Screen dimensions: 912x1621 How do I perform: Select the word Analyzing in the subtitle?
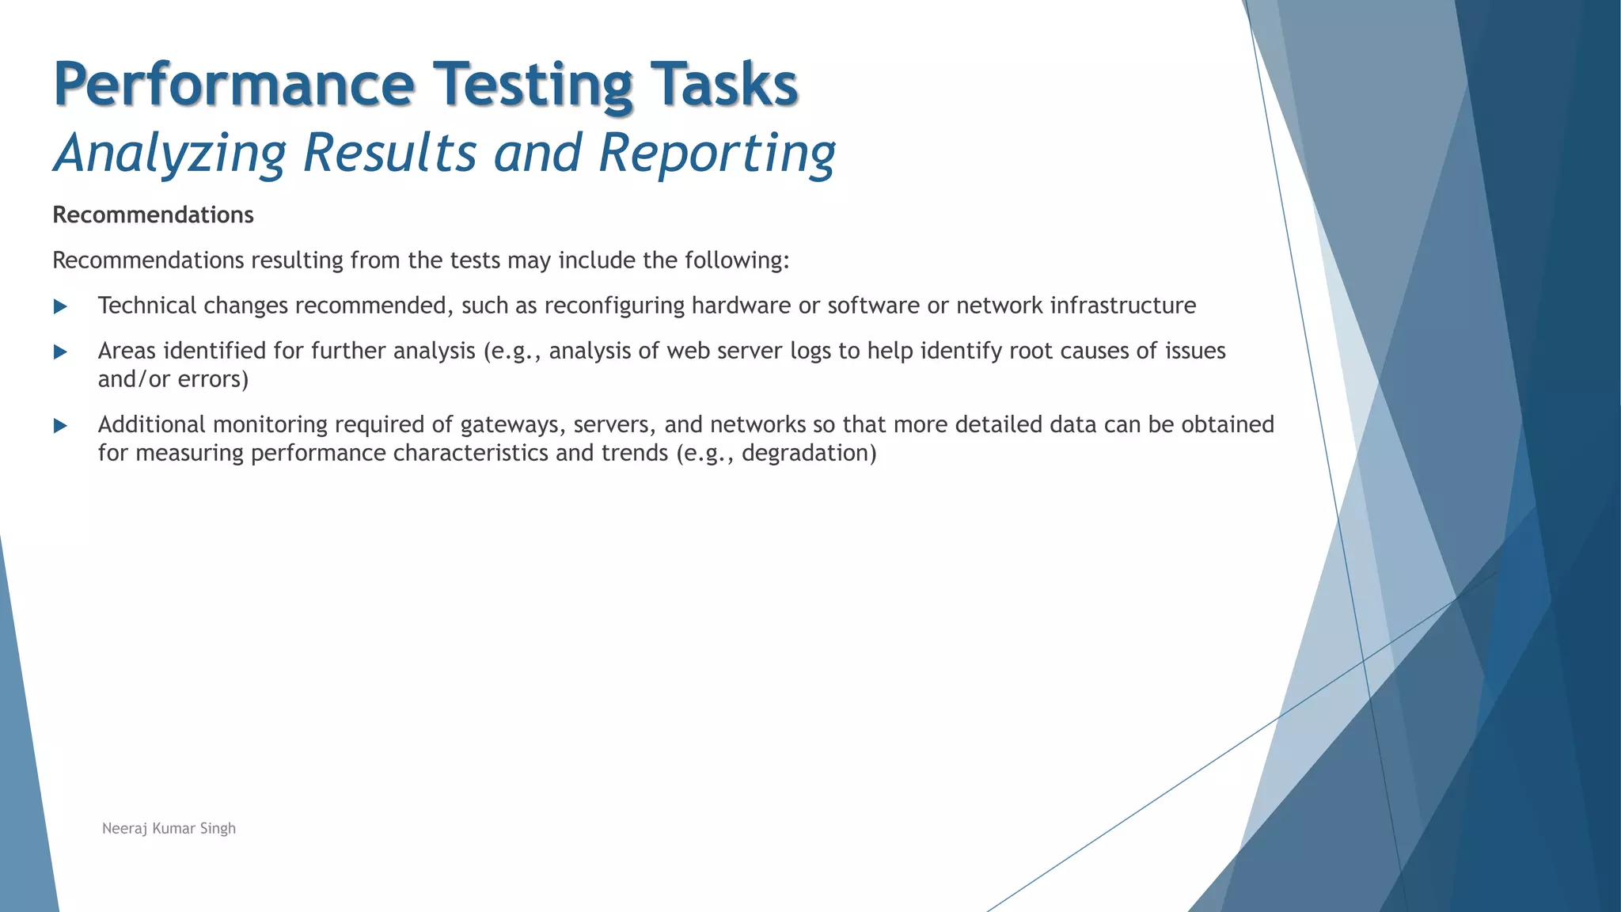click(x=169, y=152)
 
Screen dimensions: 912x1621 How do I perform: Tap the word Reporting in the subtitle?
click(x=716, y=152)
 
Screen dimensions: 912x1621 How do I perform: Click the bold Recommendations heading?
click(x=153, y=215)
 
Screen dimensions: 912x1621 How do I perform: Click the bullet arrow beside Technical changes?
click(x=60, y=306)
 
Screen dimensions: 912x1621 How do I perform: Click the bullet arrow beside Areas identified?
click(x=60, y=351)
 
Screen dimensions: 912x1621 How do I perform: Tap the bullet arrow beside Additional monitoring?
click(x=60, y=426)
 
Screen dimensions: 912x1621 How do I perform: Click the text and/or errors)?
click(x=173, y=379)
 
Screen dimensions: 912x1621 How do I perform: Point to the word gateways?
click(x=512, y=424)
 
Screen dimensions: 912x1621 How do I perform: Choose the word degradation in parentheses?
click(x=809, y=453)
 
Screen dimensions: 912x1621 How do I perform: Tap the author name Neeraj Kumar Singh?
click(x=169, y=828)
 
